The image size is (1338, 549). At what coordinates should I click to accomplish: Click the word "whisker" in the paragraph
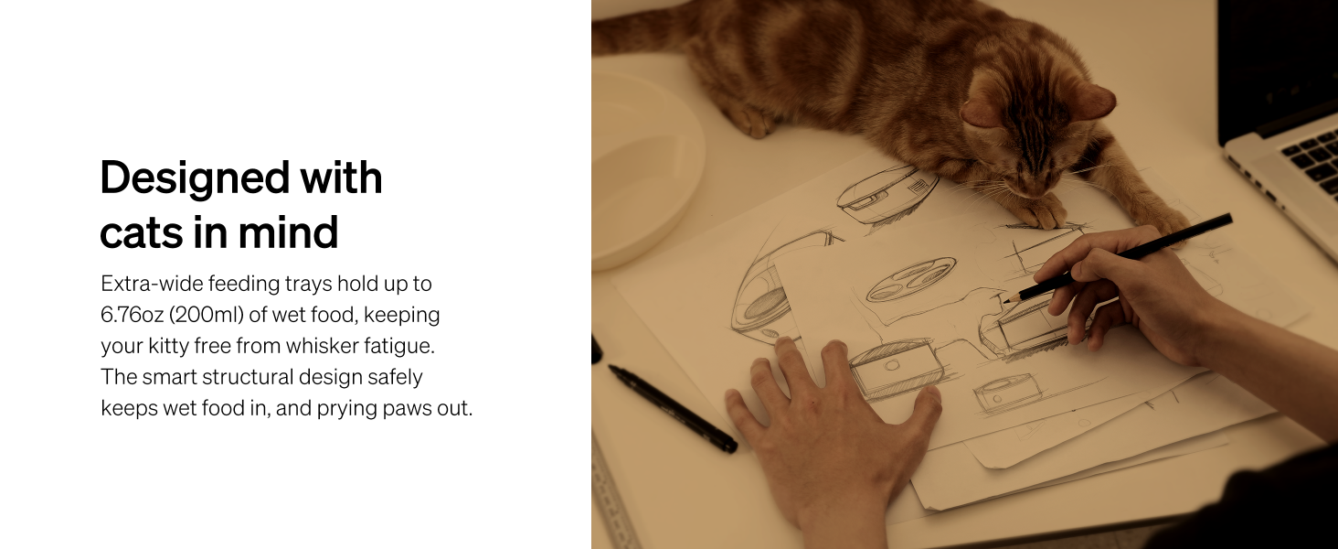[323, 346]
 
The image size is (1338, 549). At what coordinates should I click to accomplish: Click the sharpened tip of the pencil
[1004, 302]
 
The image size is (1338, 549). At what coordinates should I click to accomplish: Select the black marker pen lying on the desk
[673, 408]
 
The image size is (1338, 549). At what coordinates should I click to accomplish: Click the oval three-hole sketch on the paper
[911, 279]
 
